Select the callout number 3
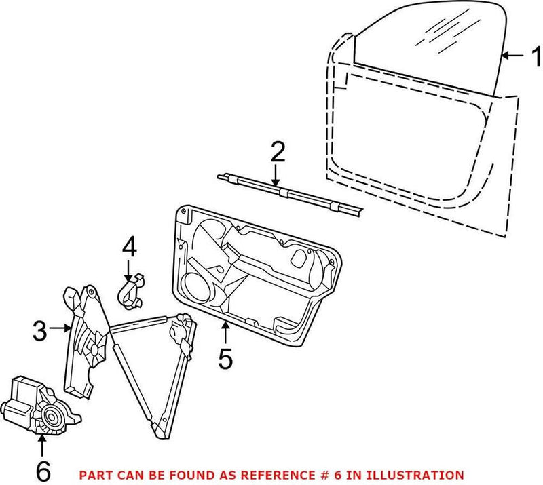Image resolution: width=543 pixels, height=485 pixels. [x=41, y=330]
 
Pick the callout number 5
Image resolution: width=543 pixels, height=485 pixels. [x=225, y=357]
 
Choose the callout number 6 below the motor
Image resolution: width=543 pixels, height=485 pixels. [x=41, y=470]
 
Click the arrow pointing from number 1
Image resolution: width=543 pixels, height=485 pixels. [x=514, y=56]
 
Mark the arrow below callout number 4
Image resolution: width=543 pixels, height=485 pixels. [x=129, y=271]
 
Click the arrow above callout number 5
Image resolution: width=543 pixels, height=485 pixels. [x=225, y=332]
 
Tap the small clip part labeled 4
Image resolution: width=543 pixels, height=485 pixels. [x=134, y=290]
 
